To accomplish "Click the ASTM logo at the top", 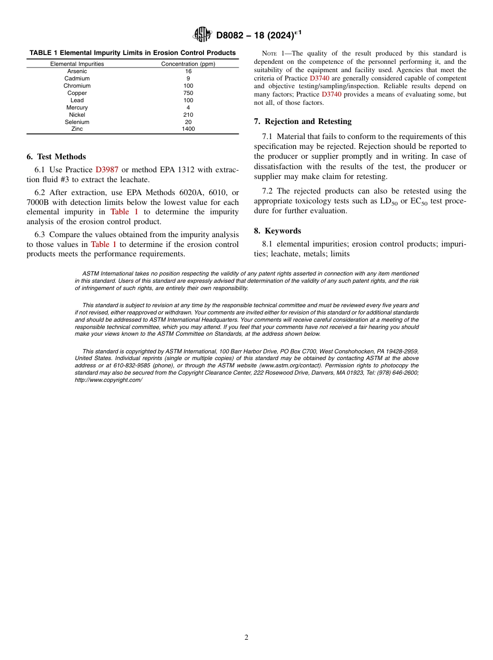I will [x=202, y=35].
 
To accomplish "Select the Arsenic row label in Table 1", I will [x=77, y=72].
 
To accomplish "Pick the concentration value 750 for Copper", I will [x=188, y=93].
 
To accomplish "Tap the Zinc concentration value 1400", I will [x=188, y=129].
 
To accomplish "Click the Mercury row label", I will [x=77, y=108].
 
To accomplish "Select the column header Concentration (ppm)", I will [x=188, y=64].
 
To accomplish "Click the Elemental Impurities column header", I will [x=77, y=64].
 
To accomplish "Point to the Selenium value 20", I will [x=188, y=122].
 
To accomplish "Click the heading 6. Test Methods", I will [x=56, y=157].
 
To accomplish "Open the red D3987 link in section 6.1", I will [x=107, y=170].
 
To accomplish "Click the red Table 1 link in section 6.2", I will [x=124, y=212].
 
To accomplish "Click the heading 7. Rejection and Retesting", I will [x=303, y=121].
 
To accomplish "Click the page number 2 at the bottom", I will [x=246, y=638].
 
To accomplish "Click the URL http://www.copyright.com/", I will [x=108, y=380].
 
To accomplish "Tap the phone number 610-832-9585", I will [x=116, y=365].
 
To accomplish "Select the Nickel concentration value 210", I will [x=188, y=115].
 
